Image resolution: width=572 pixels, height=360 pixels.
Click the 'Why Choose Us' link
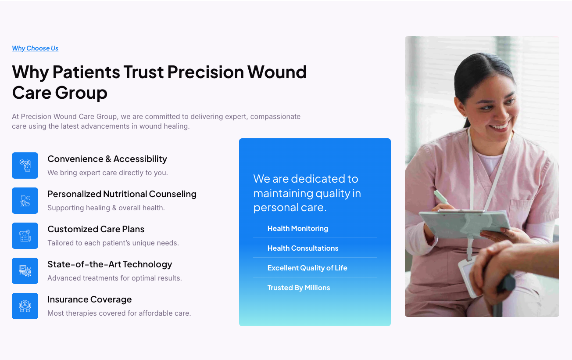tap(35, 48)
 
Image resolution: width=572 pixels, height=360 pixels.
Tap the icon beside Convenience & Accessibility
tap(25, 166)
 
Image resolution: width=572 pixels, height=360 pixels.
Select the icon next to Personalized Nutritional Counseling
tap(25, 201)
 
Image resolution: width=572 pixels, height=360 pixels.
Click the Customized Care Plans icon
tap(25, 236)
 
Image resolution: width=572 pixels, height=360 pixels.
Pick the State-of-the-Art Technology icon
tap(25, 271)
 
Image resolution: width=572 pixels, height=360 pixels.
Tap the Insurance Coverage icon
tap(25, 306)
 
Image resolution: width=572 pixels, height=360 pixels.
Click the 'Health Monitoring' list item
tap(298, 228)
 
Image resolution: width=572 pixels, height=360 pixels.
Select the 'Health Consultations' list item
tap(303, 248)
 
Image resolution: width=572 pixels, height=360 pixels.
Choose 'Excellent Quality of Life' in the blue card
tap(307, 268)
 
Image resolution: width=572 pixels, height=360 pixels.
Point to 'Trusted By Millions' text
tap(299, 288)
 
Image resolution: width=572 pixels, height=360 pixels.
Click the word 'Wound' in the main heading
tap(277, 72)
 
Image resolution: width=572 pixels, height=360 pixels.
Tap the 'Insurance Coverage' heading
tap(89, 299)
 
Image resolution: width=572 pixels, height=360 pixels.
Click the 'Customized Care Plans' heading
tap(96, 229)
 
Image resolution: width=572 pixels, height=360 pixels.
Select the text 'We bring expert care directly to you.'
tap(107, 173)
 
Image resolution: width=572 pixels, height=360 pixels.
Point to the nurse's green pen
tap(441, 197)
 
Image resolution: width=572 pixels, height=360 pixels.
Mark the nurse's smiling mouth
tap(500, 127)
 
